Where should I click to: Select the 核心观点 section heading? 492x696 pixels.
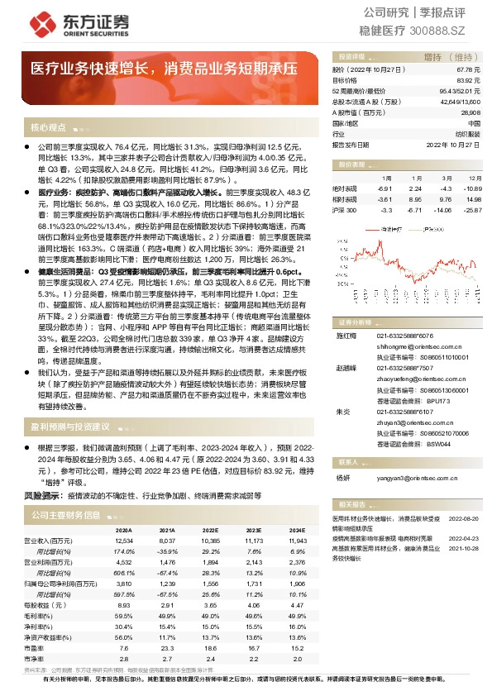48,128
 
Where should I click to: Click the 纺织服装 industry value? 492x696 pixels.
468,133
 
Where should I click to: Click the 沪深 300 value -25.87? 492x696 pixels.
469,210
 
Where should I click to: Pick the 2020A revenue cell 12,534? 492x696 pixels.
123,540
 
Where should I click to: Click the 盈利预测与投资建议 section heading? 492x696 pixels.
69,427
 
